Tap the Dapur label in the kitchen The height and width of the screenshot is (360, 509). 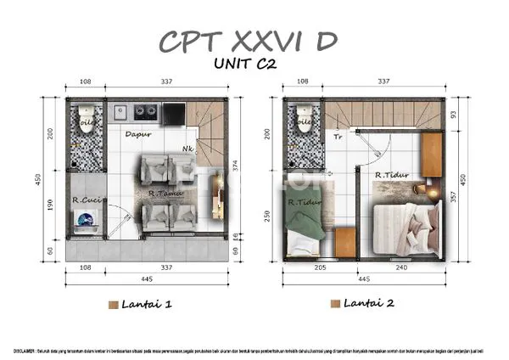138,134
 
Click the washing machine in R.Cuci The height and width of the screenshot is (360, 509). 86,221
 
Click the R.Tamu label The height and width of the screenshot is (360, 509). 162,194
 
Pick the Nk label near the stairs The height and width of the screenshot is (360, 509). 187,150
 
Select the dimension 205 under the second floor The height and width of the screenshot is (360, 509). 320,267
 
